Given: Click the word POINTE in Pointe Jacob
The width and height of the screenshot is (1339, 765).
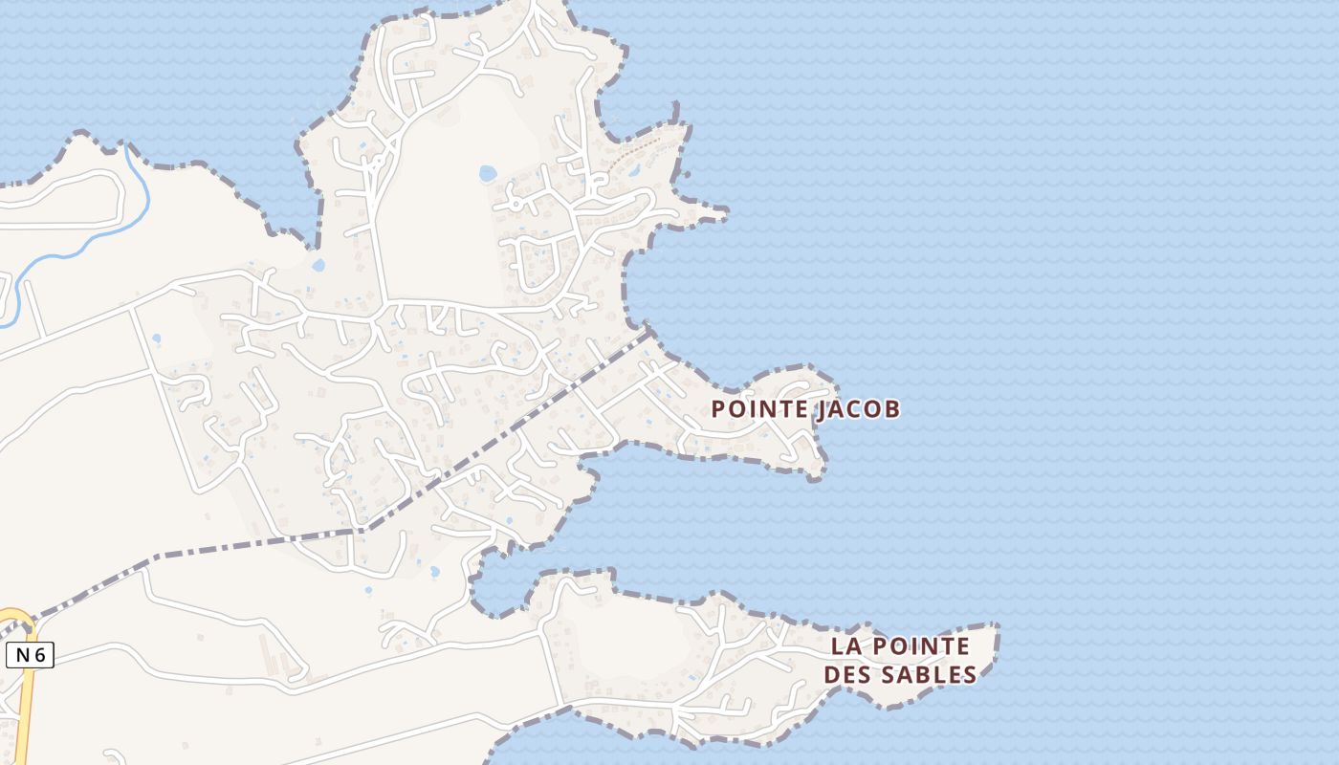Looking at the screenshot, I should point(759,409).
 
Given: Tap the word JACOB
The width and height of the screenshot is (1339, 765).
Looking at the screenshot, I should point(858,409).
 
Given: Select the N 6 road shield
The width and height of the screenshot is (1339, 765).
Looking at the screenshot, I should point(30,655).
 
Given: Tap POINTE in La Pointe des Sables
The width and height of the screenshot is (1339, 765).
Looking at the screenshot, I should point(919,646).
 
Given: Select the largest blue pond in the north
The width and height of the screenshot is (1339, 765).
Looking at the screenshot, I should point(488,173).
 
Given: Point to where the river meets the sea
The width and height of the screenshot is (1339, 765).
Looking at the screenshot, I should point(125,144).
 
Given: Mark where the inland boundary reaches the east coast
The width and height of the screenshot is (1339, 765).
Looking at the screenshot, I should point(650,331).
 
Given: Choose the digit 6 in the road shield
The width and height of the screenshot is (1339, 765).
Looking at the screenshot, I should point(39,655).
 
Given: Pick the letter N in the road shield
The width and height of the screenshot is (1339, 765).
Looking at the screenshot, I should point(22,655).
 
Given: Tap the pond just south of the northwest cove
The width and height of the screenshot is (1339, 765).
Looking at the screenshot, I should point(318,265).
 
